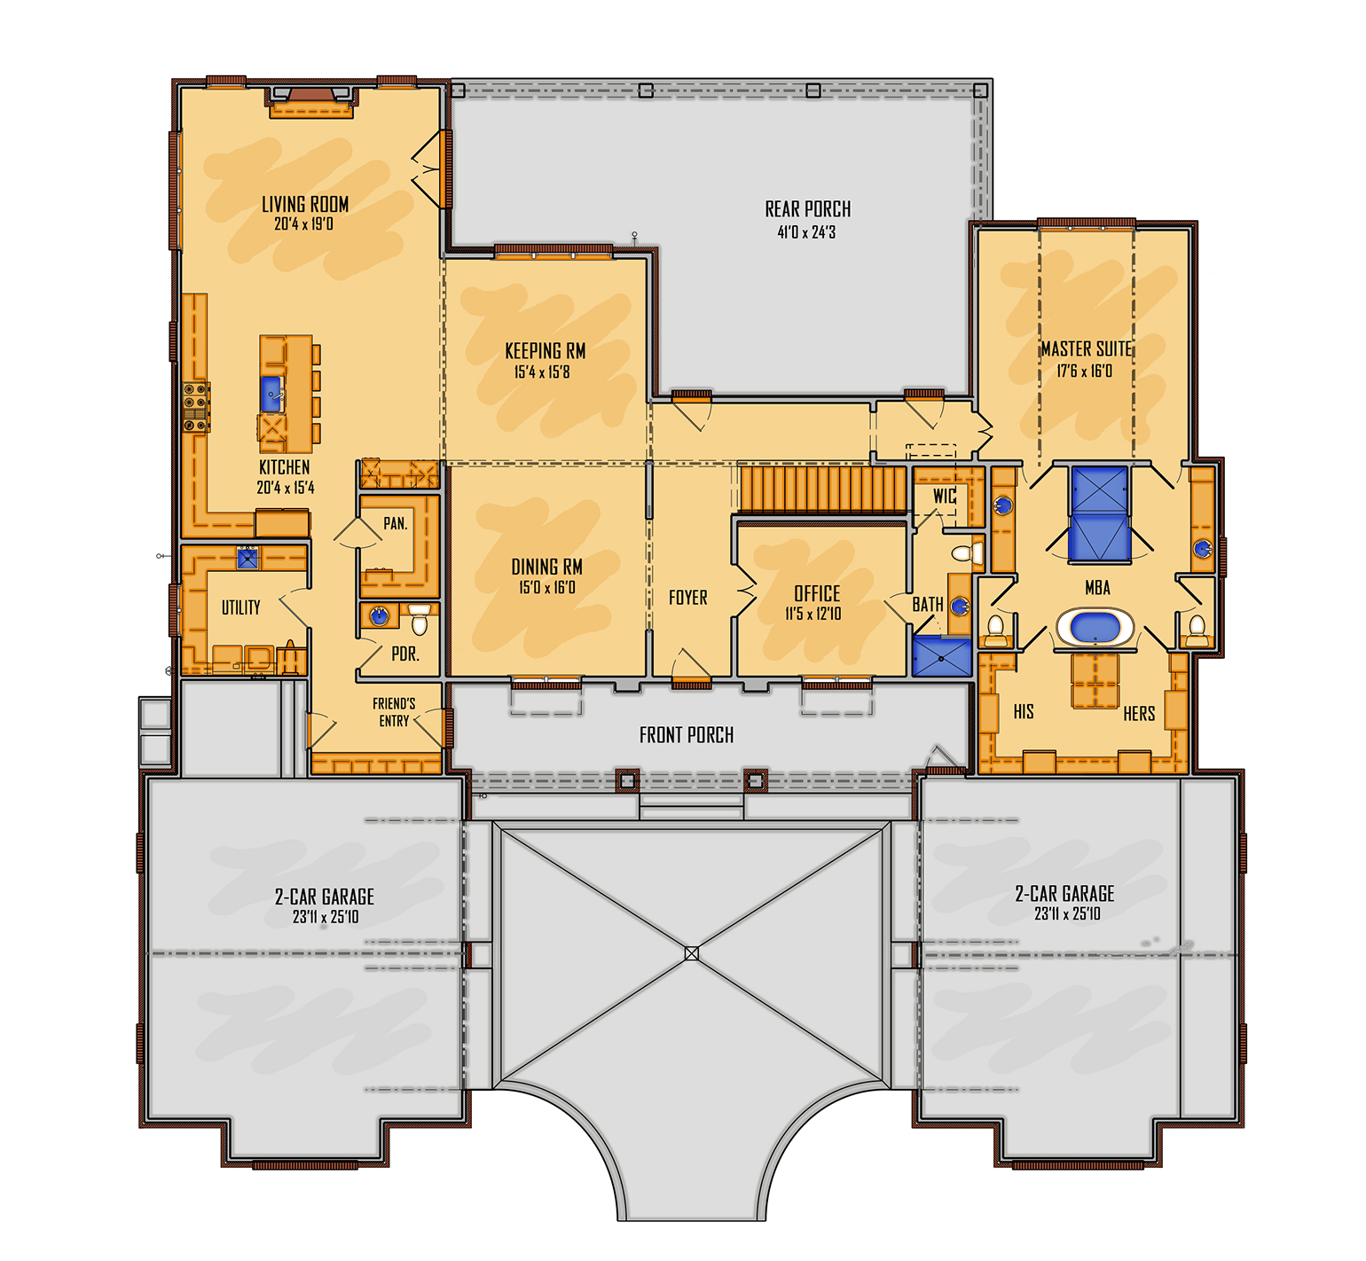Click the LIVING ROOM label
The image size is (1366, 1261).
(x=304, y=205)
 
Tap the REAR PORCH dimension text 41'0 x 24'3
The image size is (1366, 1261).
(x=806, y=232)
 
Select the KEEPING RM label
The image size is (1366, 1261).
(x=545, y=351)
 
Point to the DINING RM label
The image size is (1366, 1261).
(x=546, y=567)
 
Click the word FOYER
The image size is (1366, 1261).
(x=687, y=598)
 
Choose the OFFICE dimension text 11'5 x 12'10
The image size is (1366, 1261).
(x=813, y=614)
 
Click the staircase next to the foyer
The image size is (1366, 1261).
(x=822, y=490)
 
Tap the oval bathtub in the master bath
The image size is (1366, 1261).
(x=1095, y=627)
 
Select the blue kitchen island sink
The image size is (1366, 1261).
(x=271, y=394)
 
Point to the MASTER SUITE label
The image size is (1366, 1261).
(x=1086, y=349)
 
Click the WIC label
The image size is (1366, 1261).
(x=944, y=496)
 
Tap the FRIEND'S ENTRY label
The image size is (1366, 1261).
(x=394, y=712)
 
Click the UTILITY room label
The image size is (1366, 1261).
(x=240, y=607)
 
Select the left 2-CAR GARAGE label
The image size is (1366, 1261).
(x=324, y=897)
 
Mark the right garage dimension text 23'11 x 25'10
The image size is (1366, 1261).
(x=1066, y=914)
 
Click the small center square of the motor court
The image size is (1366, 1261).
(x=692, y=953)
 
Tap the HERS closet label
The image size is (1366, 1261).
(x=1138, y=714)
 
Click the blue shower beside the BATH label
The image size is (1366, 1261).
(x=942, y=656)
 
